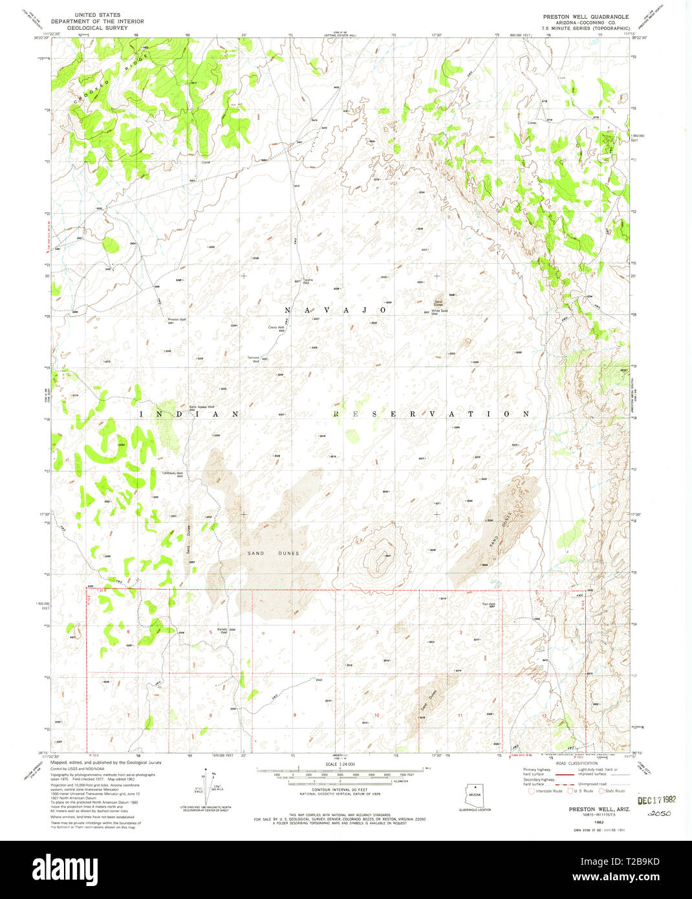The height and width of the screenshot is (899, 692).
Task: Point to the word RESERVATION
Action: [x=431, y=414]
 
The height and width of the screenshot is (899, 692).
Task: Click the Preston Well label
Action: [x=177, y=320]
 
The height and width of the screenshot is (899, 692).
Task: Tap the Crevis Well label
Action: [x=277, y=328]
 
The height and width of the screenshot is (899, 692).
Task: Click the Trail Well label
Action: [x=488, y=605]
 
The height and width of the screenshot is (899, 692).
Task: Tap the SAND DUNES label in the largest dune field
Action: [x=274, y=554]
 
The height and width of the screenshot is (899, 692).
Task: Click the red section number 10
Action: [x=376, y=715]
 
